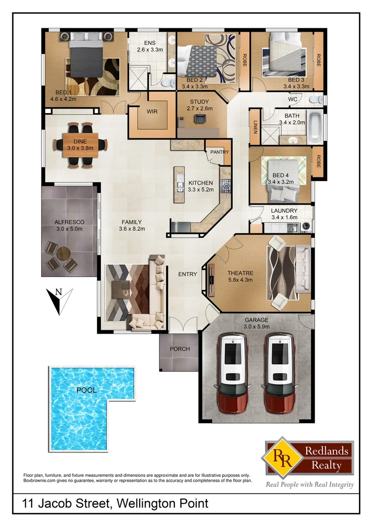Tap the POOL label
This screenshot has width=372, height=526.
click(86, 390)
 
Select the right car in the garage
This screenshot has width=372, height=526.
click(279, 373)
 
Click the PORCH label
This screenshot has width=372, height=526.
click(179, 349)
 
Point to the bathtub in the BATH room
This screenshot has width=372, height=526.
click(316, 127)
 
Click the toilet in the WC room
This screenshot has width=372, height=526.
click(316, 100)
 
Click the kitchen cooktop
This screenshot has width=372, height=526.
click(226, 185)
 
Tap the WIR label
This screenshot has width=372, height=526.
click(152, 112)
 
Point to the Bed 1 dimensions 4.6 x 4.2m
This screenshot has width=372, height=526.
click(63, 98)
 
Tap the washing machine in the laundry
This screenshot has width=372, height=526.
click(306, 226)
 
